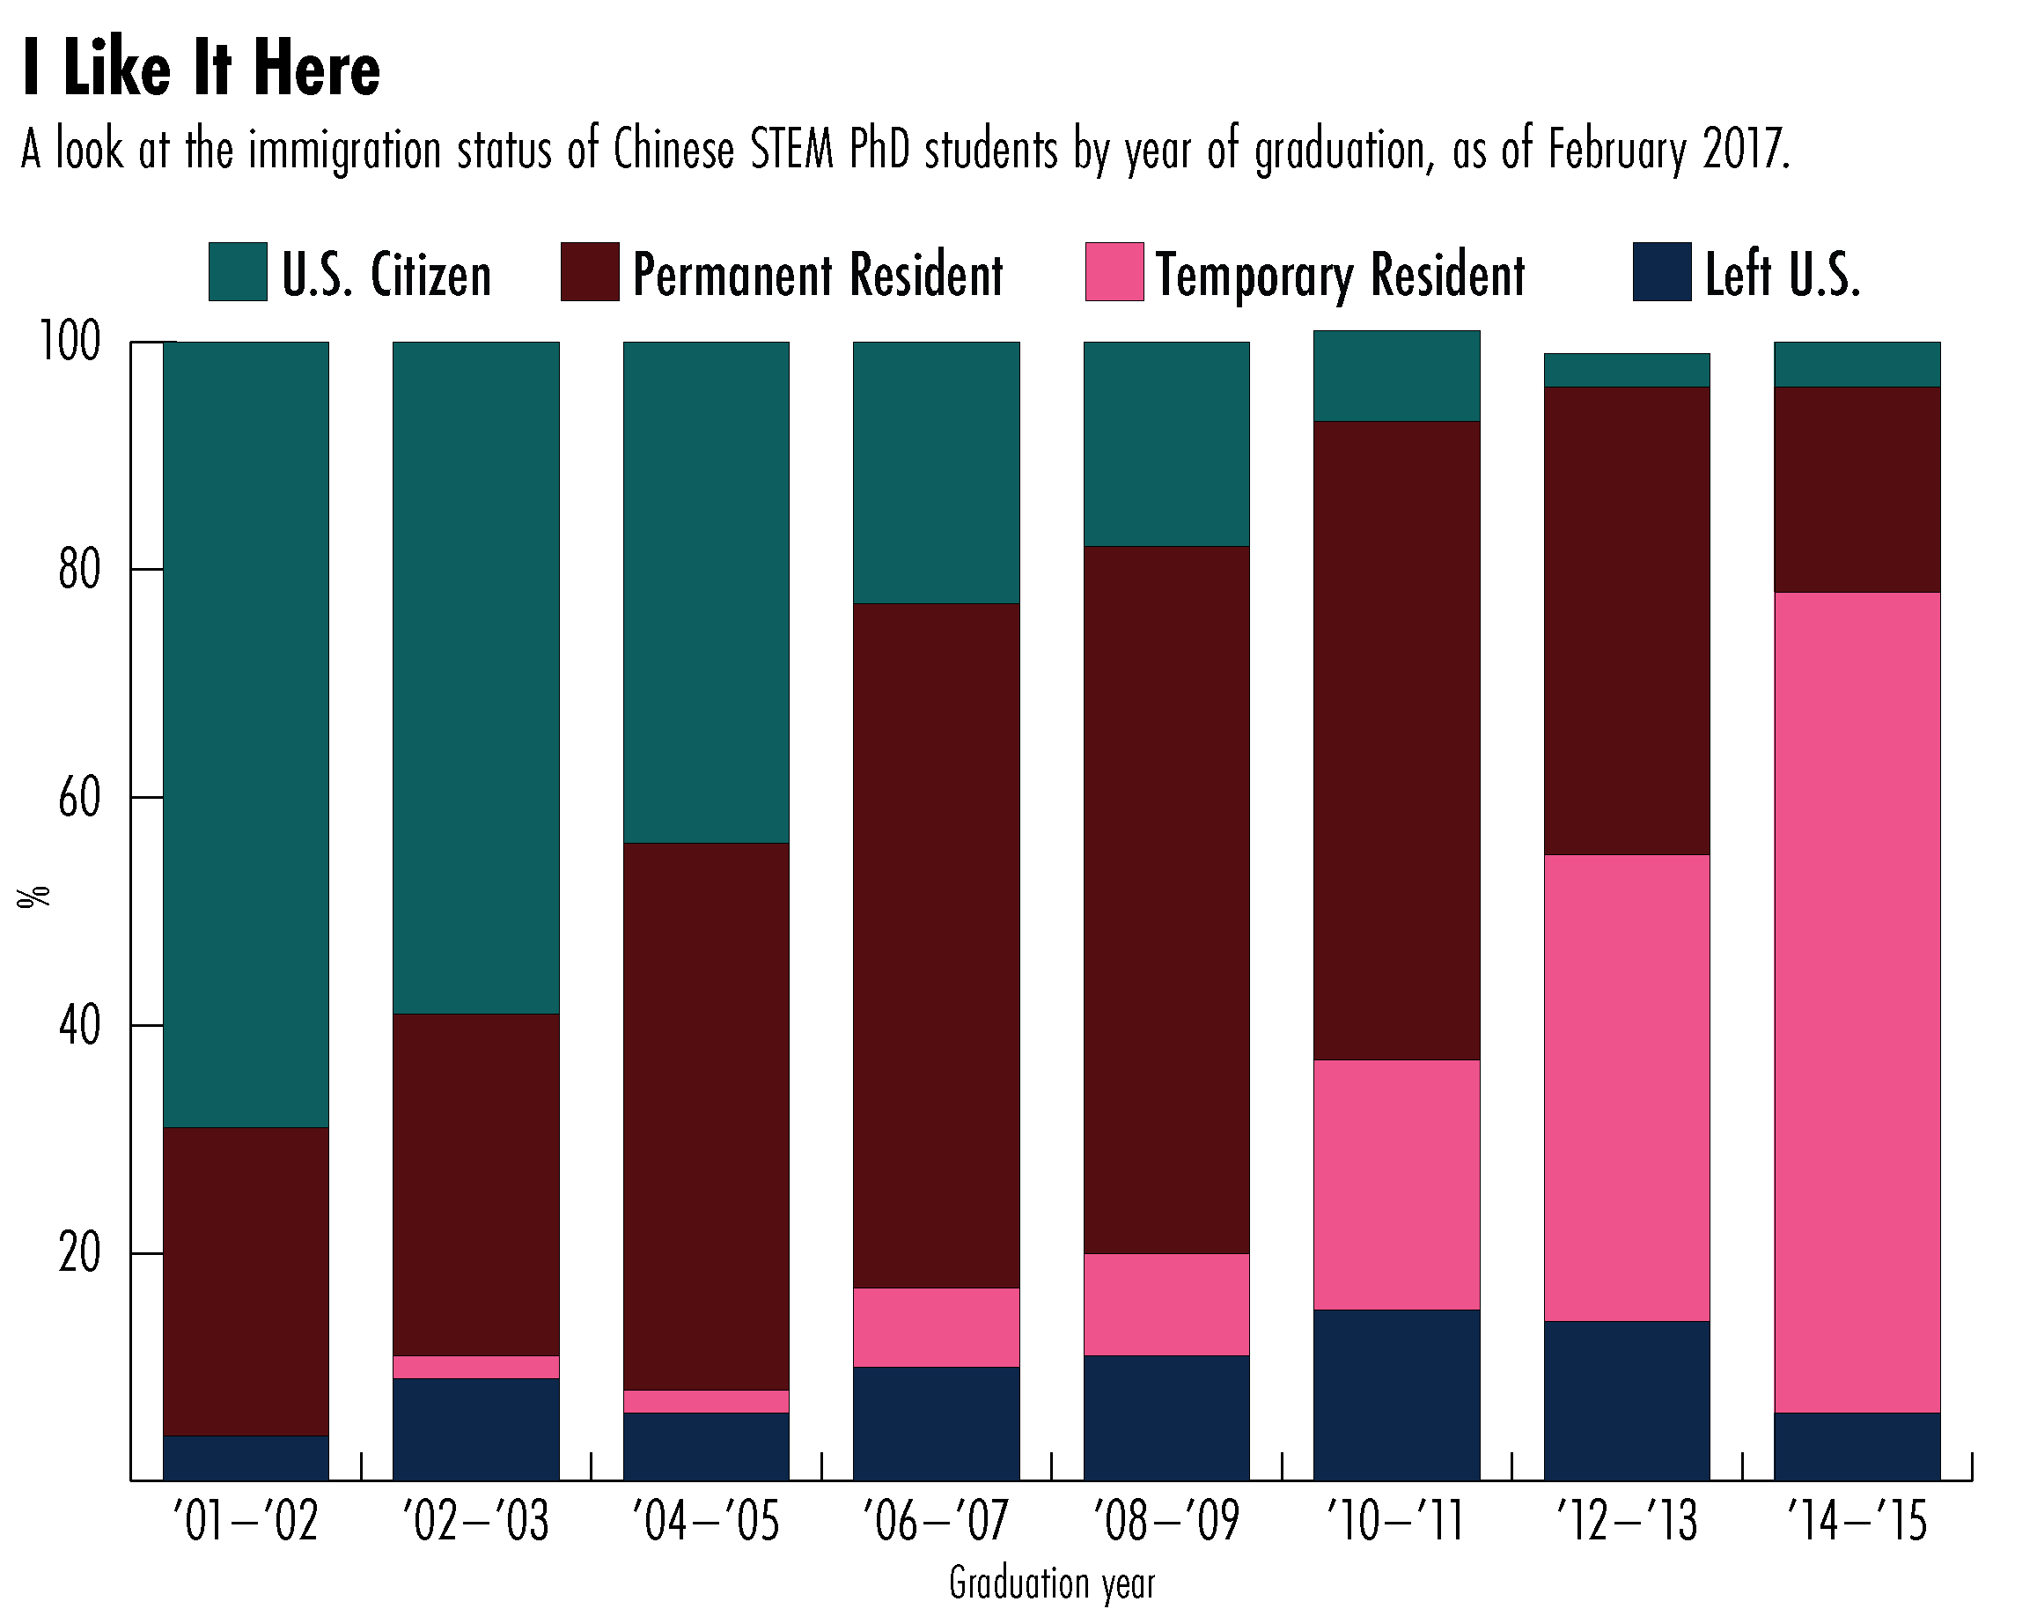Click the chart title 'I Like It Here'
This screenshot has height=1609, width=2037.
(201, 70)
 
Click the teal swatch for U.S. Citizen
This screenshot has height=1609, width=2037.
(238, 272)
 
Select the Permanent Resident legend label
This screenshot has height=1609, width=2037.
(818, 275)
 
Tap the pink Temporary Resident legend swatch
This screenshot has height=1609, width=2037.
(1114, 272)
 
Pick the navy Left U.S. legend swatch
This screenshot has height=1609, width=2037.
(1661, 272)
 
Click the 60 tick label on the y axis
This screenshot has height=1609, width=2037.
(79, 798)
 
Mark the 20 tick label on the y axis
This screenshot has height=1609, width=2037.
(79, 1254)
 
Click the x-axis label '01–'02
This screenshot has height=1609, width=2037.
(246, 1522)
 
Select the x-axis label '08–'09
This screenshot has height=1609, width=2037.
(1166, 1522)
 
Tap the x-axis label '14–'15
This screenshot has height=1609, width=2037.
(1857, 1522)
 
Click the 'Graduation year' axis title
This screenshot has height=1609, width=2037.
(1051, 1583)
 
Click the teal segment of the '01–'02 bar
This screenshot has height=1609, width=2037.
(246, 734)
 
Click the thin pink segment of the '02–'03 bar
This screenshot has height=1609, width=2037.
(475, 1367)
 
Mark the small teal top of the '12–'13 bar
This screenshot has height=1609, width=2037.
(1627, 370)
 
